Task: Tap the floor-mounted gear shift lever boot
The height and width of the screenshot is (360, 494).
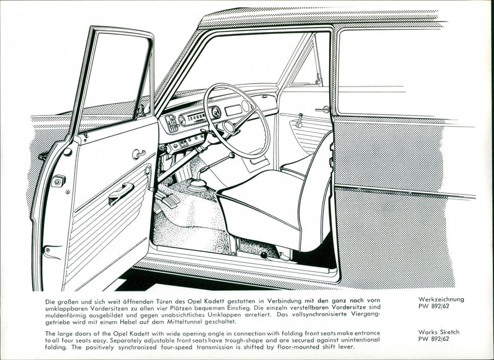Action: tap(197, 183)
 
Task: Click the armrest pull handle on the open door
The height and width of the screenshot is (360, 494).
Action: tap(121, 194)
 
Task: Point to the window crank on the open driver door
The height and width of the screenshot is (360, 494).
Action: tap(138, 153)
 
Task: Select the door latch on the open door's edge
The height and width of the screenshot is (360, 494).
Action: tap(58, 180)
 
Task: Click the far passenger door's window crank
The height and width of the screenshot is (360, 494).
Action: tap(299, 120)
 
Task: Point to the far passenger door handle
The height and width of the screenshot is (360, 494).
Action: tap(322, 110)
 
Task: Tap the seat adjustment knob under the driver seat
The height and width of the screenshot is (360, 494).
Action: tap(264, 254)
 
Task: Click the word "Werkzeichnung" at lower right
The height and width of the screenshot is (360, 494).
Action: tap(440, 299)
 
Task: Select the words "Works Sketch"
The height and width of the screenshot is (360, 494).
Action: tap(437, 332)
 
